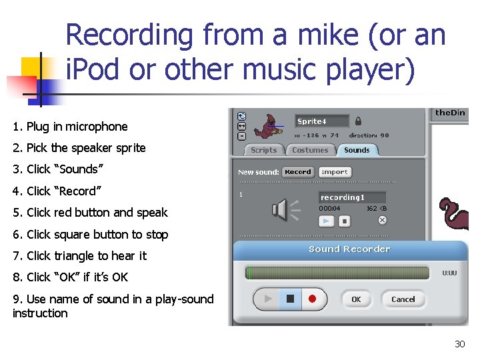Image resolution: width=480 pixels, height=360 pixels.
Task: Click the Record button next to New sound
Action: click(x=297, y=172)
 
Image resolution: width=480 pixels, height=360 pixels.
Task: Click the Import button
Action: click(x=335, y=172)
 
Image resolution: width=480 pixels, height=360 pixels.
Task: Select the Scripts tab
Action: click(x=263, y=150)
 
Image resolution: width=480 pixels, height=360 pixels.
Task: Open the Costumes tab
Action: click(x=310, y=150)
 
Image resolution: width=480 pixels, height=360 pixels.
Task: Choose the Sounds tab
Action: click(x=357, y=150)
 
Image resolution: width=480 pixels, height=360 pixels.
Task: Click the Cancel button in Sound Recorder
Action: click(x=403, y=299)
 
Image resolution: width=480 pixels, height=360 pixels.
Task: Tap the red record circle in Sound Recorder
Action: click(x=312, y=299)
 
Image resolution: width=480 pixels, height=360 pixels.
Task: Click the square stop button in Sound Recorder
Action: click(x=290, y=299)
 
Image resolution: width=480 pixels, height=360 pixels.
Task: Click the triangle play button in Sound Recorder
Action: click(x=268, y=299)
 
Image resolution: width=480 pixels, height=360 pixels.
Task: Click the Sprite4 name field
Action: click(x=322, y=121)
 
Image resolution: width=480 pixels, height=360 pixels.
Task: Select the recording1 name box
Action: click(x=351, y=197)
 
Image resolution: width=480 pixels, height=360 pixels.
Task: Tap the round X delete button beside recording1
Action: click(x=382, y=220)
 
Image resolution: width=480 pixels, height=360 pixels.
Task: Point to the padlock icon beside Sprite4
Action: click(x=359, y=121)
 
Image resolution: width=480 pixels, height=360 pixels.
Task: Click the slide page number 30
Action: click(x=459, y=344)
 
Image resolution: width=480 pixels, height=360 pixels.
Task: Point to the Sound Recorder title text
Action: click(x=349, y=249)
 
